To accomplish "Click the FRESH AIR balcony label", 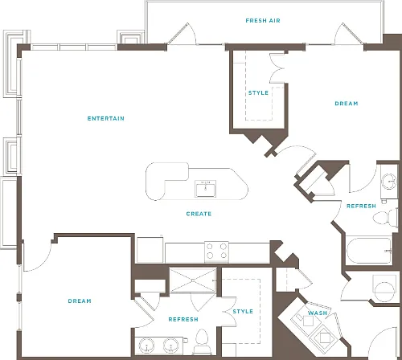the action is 263,21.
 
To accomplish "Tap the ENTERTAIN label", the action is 106,118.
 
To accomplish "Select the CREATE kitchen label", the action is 199,214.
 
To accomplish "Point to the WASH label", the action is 318,313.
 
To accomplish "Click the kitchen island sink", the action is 206,189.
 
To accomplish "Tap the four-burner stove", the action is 216,252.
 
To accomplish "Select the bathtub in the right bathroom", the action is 369,251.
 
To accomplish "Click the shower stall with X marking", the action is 193,280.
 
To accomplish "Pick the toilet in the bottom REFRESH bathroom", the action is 202,341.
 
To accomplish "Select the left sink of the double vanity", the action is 146,346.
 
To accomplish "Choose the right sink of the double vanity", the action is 171,346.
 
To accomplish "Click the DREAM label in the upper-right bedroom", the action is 347,104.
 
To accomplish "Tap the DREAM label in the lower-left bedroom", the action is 80,301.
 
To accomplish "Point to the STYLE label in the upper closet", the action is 258,93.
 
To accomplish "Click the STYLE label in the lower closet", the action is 243,311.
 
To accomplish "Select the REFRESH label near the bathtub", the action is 361,206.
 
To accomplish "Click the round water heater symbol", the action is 384,291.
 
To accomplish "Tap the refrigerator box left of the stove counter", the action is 150,250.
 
